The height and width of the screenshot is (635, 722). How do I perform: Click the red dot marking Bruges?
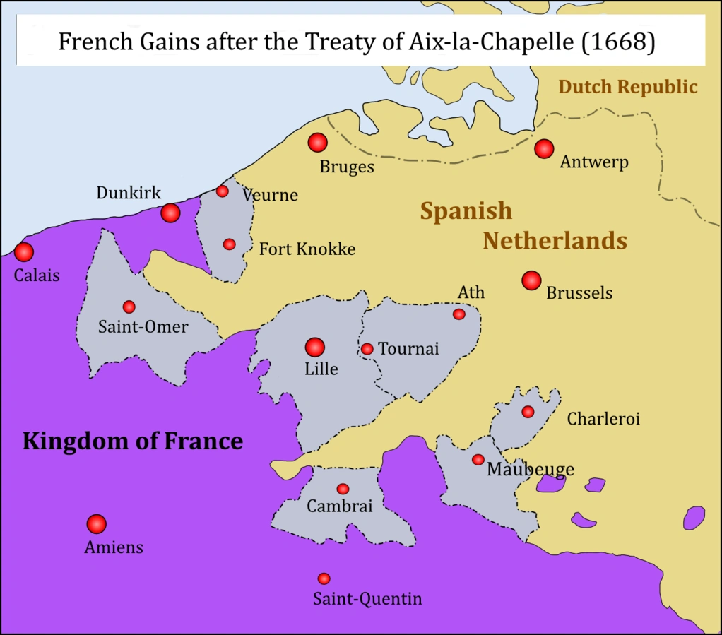[x=318, y=143]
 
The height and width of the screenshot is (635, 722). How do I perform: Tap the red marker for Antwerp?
[x=543, y=149]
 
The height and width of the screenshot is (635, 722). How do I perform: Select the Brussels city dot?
[x=531, y=280]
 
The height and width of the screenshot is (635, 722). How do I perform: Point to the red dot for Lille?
[x=314, y=348]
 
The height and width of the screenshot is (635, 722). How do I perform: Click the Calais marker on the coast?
[x=24, y=252]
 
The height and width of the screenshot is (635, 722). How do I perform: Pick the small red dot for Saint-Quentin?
[x=324, y=578]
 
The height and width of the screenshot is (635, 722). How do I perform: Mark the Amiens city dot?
[x=96, y=524]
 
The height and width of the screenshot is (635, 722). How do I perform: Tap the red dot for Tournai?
[x=367, y=349]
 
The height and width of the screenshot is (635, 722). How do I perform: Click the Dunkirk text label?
[x=129, y=193]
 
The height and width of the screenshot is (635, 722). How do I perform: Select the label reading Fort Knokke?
[x=307, y=249]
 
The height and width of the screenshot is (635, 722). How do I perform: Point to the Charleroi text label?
[x=603, y=419]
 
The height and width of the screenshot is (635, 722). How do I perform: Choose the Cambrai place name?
[x=339, y=506]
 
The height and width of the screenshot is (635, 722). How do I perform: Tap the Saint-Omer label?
[x=143, y=327]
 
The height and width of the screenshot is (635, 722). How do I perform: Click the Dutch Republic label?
[x=627, y=87]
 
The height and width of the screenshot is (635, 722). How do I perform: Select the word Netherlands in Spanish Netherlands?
[x=555, y=241]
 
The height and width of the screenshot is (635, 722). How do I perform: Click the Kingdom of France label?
[x=133, y=441]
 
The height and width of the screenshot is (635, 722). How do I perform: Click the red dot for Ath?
[x=459, y=314]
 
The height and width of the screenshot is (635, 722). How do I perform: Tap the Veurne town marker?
[x=223, y=191]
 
